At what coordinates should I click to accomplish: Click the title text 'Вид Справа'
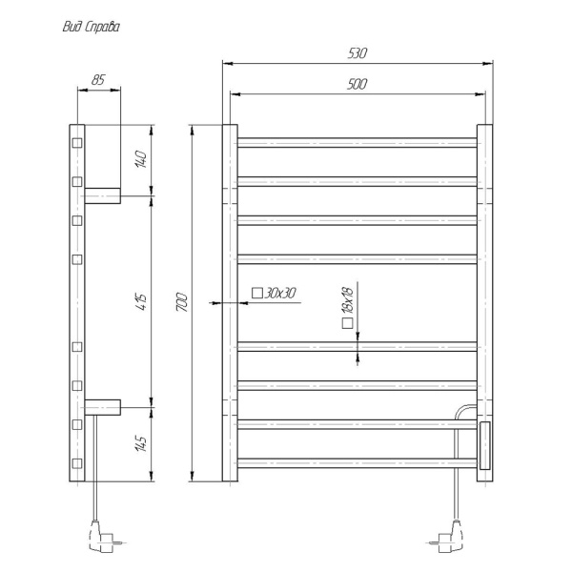(91, 28)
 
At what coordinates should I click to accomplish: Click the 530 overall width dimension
(358, 53)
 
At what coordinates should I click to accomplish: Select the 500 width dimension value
(358, 84)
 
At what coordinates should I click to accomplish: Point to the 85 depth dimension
(98, 80)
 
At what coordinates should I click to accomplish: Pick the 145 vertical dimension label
(142, 443)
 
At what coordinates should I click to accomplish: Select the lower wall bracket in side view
(103, 407)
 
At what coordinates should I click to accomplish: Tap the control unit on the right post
(484, 446)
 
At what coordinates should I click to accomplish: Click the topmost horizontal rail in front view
(357, 143)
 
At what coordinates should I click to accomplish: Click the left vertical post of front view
(229, 303)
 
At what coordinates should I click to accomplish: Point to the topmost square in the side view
(77, 144)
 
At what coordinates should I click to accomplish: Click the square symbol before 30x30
(257, 294)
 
